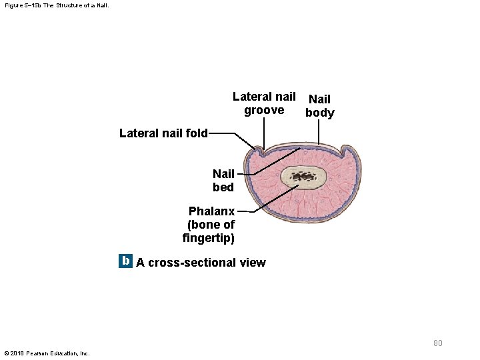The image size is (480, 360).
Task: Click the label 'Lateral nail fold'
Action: (163, 133)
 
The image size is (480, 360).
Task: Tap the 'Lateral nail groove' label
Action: (264, 103)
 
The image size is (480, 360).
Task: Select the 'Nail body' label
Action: (319, 106)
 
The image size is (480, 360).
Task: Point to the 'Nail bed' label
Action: (223, 181)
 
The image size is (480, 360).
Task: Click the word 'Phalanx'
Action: (211, 211)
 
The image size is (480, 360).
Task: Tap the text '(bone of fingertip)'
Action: (209, 231)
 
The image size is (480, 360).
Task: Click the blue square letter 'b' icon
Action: (125, 261)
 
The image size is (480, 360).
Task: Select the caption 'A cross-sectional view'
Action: (201, 263)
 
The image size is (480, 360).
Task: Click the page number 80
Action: (437, 343)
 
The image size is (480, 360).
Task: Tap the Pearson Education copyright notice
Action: (47, 353)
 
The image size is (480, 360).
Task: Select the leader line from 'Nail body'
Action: (319, 132)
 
